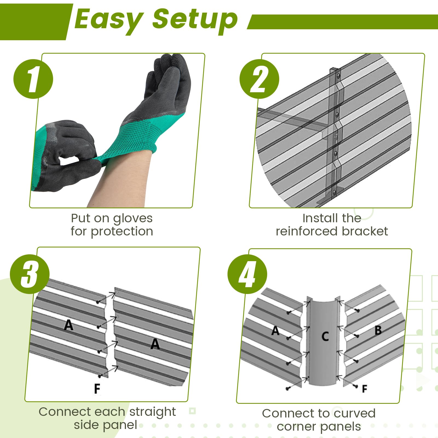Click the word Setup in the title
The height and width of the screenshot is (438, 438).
[x=195, y=19]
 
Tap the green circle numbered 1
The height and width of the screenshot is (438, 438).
[x=33, y=79]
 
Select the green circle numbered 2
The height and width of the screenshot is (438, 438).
[x=259, y=79]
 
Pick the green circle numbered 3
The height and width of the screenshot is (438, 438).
[x=30, y=274]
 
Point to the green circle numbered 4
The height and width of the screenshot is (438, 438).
[x=247, y=274]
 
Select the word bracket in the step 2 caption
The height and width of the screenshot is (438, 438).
[x=365, y=231]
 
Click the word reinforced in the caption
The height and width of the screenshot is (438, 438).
[x=307, y=231]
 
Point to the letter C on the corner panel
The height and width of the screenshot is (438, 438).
[x=325, y=336]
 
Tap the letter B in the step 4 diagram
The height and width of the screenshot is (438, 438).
[x=378, y=330]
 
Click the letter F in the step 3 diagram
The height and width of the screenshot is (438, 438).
[x=97, y=388]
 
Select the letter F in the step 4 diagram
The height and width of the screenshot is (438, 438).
[x=364, y=388]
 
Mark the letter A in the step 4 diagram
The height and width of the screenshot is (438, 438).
[x=275, y=331]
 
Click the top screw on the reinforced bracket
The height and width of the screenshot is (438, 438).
[x=338, y=76]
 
